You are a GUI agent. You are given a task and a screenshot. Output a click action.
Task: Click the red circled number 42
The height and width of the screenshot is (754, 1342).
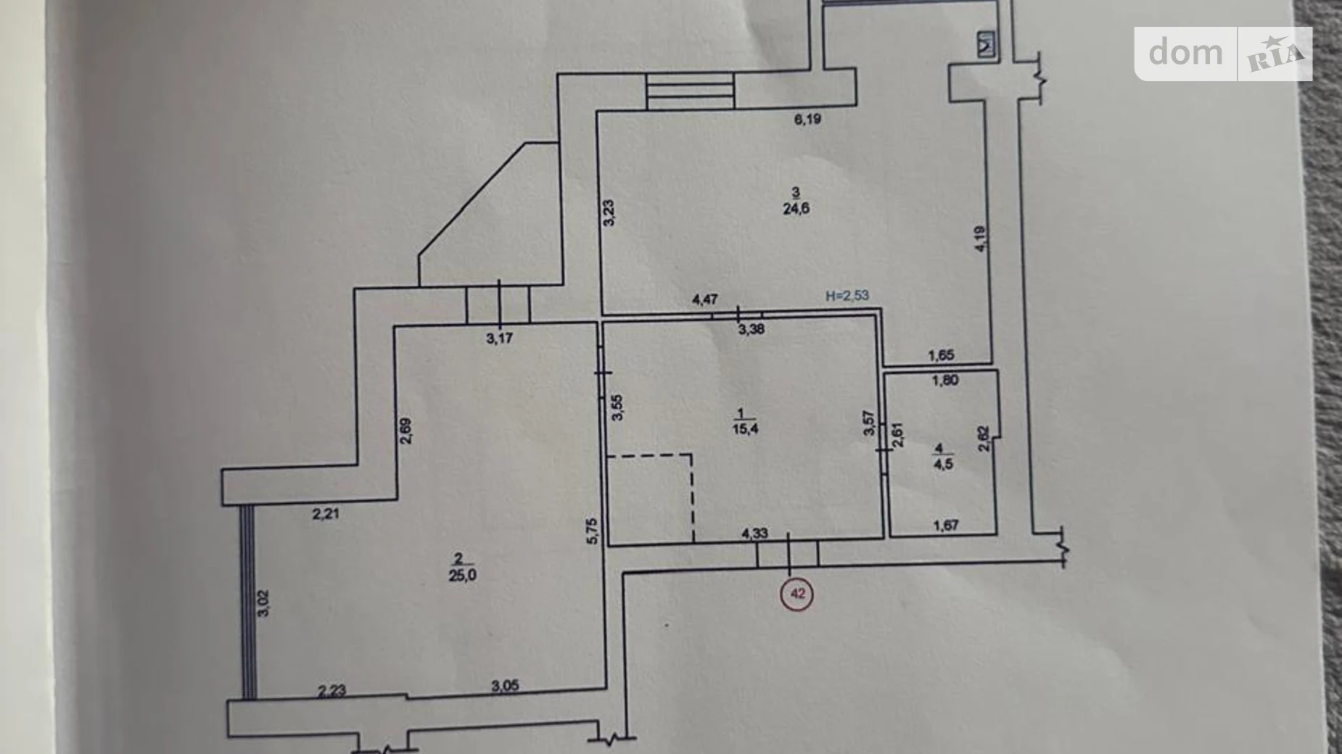click(797, 594)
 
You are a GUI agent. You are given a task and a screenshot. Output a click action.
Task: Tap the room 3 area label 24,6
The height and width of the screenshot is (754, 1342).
click(796, 209)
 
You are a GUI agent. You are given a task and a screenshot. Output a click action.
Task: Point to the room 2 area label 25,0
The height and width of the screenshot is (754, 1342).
click(462, 576)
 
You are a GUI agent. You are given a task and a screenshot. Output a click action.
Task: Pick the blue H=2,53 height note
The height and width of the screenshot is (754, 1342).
click(847, 296)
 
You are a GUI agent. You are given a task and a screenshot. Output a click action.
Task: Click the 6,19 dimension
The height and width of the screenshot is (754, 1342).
click(807, 119)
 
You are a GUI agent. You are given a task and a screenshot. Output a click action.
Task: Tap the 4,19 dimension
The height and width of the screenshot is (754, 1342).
click(980, 239)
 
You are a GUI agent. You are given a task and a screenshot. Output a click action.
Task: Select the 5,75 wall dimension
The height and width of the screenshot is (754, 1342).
click(593, 530)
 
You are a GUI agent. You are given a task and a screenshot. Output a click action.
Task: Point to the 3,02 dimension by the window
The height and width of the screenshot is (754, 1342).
click(263, 602)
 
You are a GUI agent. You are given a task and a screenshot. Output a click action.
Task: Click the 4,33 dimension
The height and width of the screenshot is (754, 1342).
click(754, 534)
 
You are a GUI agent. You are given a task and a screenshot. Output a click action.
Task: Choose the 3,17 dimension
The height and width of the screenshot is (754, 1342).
click(499, 338)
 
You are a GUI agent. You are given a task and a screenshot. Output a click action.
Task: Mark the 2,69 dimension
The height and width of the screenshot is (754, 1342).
click(406, 431)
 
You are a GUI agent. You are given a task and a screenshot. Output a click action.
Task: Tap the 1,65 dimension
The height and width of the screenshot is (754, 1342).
click(942, 355)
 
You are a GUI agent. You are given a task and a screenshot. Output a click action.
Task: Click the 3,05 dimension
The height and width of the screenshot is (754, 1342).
click(505, 686)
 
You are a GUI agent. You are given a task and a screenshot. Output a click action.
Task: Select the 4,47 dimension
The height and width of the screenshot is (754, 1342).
click(705, 299)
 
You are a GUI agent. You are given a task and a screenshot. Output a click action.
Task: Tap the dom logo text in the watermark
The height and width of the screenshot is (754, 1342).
click(1185, 52)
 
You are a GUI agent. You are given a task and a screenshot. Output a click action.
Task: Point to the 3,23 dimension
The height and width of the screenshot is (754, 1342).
click(609, 213)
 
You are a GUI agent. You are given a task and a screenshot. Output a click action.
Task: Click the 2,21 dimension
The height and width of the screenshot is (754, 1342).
click(326, 515)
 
